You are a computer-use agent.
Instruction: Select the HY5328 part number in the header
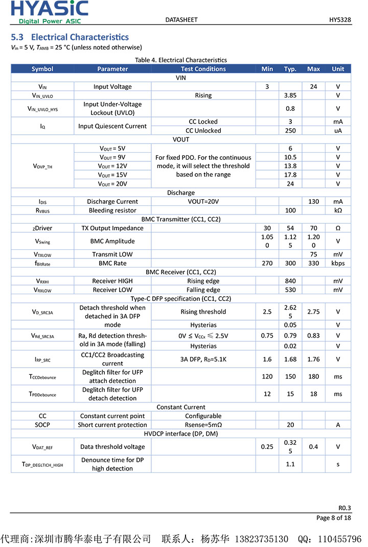pyautogui.click(x=339, y=20)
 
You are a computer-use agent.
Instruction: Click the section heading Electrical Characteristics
pyautogui.click(x=70, y=37)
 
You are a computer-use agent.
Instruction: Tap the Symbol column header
pyautogui.click(x=42, y=69)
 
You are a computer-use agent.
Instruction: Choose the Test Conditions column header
pyautogui.click(x=203, y=69)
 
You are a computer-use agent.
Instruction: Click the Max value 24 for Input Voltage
pyautogui.click(x=313, y=87)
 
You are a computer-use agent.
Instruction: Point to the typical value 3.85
pyautogui.click(x=290, y=96)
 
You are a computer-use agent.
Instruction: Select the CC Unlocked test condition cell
pyautogui.click(x=203, y=131)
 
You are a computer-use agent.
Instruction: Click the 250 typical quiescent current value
pyautogui.click(x=290, y=131)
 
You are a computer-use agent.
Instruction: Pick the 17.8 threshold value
pyautogui.click(x=290, y=175)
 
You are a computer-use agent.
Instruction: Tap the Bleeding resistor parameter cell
pyautogui.click(x=112, y=210)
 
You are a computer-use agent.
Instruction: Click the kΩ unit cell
pyautogui.click(x=338, y=210)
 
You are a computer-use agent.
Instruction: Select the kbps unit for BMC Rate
pyautogui.click(x=338, y=264)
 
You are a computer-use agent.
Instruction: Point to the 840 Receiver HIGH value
pyautogui.click(x=290, y=281)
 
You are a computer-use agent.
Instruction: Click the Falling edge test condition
pyautogui.click(x=203, y=290)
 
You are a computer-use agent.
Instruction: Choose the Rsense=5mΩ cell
pyautogui.click(x=203, y=425)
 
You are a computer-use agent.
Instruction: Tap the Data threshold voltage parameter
pyautogui.click(x=112, y=447)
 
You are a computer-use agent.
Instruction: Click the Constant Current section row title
pyautogui.click(x=181, y=408)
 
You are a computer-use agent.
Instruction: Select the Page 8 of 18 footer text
pyautogui.click(x=333, y=518)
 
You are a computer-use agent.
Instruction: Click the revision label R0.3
pyautogui.click(x=344, y=508)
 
